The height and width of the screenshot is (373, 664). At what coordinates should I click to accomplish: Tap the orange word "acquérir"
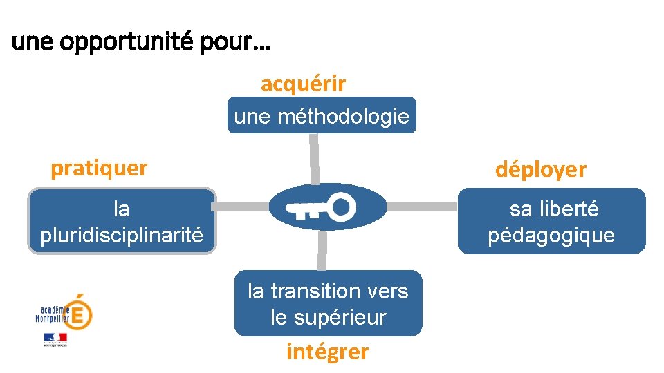(x=303, y=84)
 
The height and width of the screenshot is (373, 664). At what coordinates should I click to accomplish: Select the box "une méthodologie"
(x=322, y=115)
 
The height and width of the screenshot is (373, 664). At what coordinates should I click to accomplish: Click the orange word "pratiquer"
(x=99, y=169)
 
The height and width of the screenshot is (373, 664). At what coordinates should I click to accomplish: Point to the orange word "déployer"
(x=540, y=170)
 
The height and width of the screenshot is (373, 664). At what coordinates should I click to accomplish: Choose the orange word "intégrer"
(x=327, y=352)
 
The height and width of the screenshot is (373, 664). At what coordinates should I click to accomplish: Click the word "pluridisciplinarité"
(x=122, y=236)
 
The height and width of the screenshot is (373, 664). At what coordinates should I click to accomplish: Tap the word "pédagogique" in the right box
(x=551, y=236)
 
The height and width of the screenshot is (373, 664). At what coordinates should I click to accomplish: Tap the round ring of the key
(x=342, y=205)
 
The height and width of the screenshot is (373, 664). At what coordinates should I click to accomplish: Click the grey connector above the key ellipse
(x=314, y=158)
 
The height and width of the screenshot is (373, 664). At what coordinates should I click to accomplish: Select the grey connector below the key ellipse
(x=322, y=250)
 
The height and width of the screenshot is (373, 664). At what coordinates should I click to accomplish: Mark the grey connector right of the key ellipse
(x=423, y=207)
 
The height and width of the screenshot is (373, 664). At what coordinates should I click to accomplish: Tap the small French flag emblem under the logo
(x=55, y=338)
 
